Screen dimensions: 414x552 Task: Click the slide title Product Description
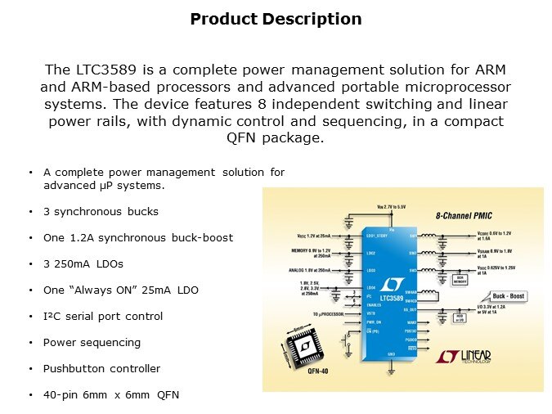point(276,19)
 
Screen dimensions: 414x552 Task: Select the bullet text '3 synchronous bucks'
point(101,211)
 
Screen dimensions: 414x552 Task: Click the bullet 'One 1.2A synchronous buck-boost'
point(138,237)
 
